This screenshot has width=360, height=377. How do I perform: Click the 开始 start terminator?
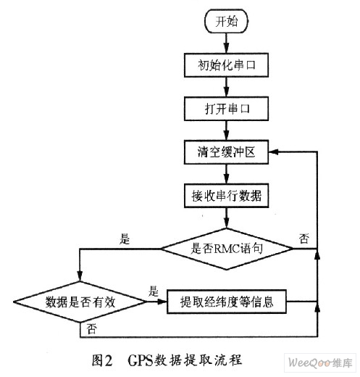coord(226,21)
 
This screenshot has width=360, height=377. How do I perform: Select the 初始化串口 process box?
coord(226,65)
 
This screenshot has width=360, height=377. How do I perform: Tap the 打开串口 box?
coord(226,109)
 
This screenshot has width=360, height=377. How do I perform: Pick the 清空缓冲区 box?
coord(226,152)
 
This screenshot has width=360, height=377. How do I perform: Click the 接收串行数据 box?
coord(226,196)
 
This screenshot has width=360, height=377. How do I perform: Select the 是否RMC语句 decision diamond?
coord(227,249)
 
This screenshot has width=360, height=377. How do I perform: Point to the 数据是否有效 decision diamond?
coord(80,302)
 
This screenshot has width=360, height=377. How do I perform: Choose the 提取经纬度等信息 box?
coord(227,302)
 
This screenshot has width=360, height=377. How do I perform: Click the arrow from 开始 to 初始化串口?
coord(226,43)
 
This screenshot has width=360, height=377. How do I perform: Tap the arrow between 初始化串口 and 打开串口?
coord(226,87)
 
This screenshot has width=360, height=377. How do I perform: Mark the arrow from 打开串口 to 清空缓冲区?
coord(226,130)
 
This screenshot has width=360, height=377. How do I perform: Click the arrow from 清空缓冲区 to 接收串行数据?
coord(226,174)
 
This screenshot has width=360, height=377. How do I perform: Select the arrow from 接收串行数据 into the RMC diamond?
coord(226,217)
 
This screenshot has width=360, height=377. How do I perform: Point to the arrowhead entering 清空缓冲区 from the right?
coord(274,152)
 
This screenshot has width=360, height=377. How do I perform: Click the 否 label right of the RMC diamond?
coord(304,239)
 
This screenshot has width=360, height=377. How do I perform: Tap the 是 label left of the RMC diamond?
coord(125,239)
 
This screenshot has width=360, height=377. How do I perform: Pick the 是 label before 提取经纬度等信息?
coord(153,291)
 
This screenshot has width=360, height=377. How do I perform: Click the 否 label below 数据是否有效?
coord(92,328)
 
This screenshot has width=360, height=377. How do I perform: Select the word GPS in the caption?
coord(140,361)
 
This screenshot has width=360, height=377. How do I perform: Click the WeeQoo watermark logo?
coord(320,362)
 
